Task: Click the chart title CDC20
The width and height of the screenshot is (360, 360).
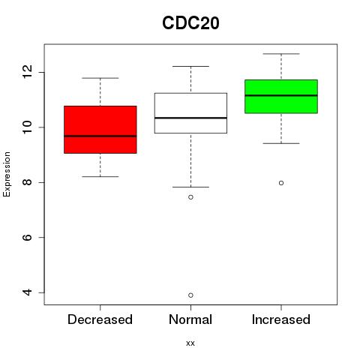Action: [190, 23]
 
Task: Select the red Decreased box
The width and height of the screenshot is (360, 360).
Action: [100, 130]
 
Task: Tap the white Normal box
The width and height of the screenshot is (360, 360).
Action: [190, 113]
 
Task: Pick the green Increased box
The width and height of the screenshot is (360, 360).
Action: [281, 97]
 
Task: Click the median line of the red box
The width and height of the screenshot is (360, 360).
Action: [100, 136]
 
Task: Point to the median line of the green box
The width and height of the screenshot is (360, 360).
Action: [281, 95]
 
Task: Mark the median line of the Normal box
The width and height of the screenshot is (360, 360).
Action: [190, 118]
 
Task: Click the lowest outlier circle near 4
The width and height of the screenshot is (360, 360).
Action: [190, 295]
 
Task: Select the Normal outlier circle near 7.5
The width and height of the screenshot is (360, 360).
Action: [190, 197]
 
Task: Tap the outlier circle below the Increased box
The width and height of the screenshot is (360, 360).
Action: [281, 183]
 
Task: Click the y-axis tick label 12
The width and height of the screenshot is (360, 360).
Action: [27, 72]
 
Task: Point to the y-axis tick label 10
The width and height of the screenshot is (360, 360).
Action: [27, 127]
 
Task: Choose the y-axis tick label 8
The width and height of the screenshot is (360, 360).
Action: [27, 182]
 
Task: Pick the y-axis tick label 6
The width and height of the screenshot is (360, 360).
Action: [27, 237]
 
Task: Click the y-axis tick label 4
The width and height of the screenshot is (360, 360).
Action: [27, 292]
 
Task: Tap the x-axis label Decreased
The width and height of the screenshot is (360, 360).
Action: [100, 319]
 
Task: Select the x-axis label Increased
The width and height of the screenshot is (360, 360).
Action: [281, 319]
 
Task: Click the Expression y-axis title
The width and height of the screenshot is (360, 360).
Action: [7, 174]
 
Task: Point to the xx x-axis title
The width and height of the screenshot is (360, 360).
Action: [190, 343]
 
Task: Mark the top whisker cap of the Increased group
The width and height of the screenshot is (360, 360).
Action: [281, 54]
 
